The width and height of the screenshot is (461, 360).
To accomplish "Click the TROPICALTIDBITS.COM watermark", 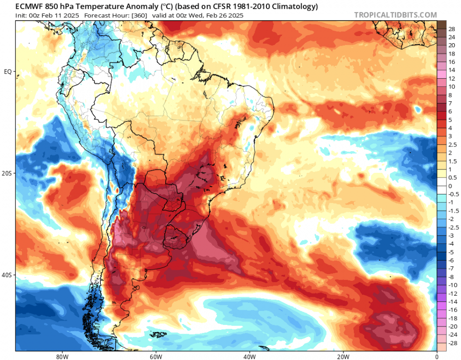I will click(395, 15).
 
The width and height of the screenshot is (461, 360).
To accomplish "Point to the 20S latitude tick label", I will click(7, 173).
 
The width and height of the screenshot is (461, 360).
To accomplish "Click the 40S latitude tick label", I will click(7, 275).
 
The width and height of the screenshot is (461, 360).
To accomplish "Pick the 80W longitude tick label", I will click(61, 356).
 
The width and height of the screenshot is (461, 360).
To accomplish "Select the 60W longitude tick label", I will click(155, 356).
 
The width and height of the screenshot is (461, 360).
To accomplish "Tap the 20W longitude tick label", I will click(342, 356).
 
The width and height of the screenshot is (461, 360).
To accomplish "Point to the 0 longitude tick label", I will click(437, 356).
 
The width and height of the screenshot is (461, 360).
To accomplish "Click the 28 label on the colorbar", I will click(451, 29).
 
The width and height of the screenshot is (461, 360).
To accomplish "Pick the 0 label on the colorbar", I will click(450, 186).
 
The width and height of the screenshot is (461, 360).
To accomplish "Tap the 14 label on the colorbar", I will click(451, 70).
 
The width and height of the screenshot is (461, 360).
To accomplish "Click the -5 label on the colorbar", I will click(451, 252).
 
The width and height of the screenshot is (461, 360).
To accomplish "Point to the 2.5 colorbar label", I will click(452, 144).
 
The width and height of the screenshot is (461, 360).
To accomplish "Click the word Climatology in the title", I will click(294, 7).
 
